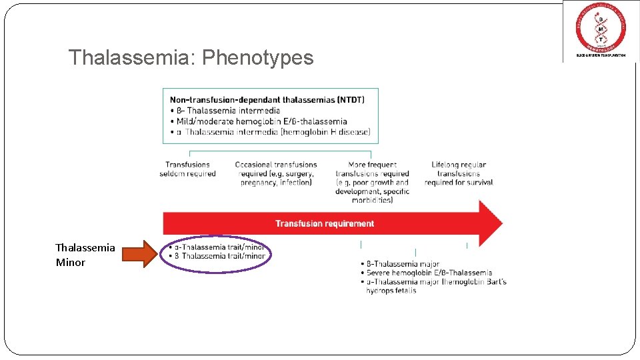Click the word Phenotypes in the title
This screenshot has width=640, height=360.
[x=257, y=58]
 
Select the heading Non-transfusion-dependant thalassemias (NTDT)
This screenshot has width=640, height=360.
[x=267, y=99]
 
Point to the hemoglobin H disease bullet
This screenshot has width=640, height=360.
[x=273, y=132]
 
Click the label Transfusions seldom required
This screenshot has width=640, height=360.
[x=187, y=169]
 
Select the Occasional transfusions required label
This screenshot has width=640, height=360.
[x=276, y=173]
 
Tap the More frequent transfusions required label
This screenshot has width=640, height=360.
[x=372, y=182]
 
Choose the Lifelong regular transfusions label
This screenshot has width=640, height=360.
[x=459, y=173]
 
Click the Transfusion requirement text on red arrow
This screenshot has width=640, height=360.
[x=325, y=223]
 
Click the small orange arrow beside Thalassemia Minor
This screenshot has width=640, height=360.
[x=143, y=255]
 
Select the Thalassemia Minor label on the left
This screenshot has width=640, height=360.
[x=85, y=255]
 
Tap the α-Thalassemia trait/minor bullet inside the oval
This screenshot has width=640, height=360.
[x=219, y=247]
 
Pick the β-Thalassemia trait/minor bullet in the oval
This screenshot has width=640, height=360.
[x=219, y=256]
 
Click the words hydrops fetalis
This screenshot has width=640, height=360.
[x=391, y=291]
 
